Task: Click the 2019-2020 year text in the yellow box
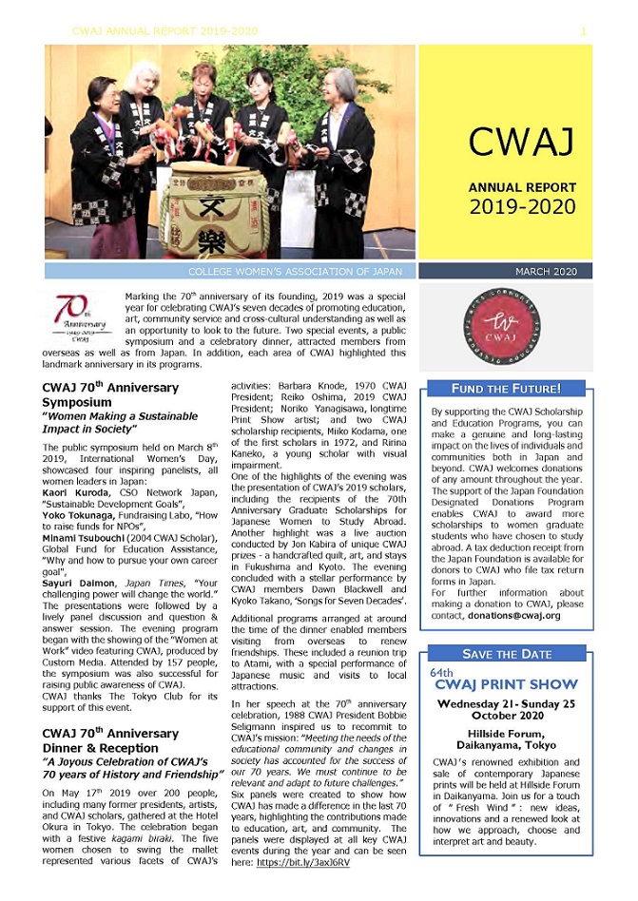(521, 206)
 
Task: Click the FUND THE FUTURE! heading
(506, 388)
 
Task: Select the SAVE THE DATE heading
(506, 654)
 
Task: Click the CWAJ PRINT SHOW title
(506, 684)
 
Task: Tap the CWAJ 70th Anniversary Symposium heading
(110, 395)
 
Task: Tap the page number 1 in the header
(583, 31)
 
